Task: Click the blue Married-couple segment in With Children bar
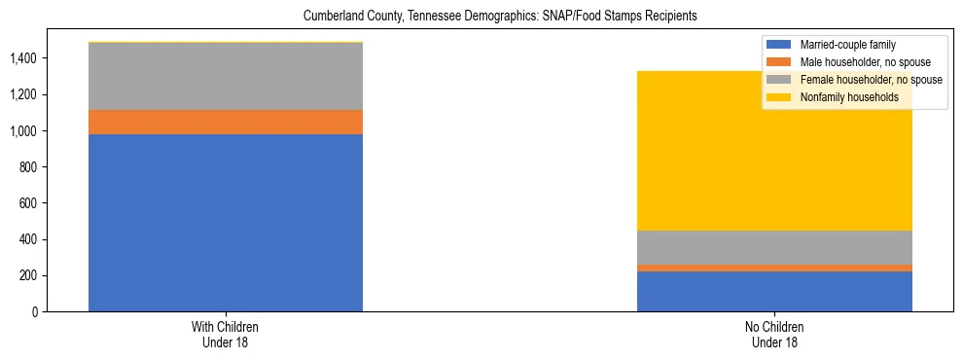[x=226, y=223]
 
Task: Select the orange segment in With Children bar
[x=226, y=122]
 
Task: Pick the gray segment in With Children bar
[x=226, y=76]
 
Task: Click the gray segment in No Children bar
[x=774, y=247]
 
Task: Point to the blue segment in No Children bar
[x=774, y=291]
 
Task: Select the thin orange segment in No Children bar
[x=774, y=268]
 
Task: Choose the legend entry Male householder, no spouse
[x=856, y=62]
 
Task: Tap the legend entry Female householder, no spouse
[x=860, y=80]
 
